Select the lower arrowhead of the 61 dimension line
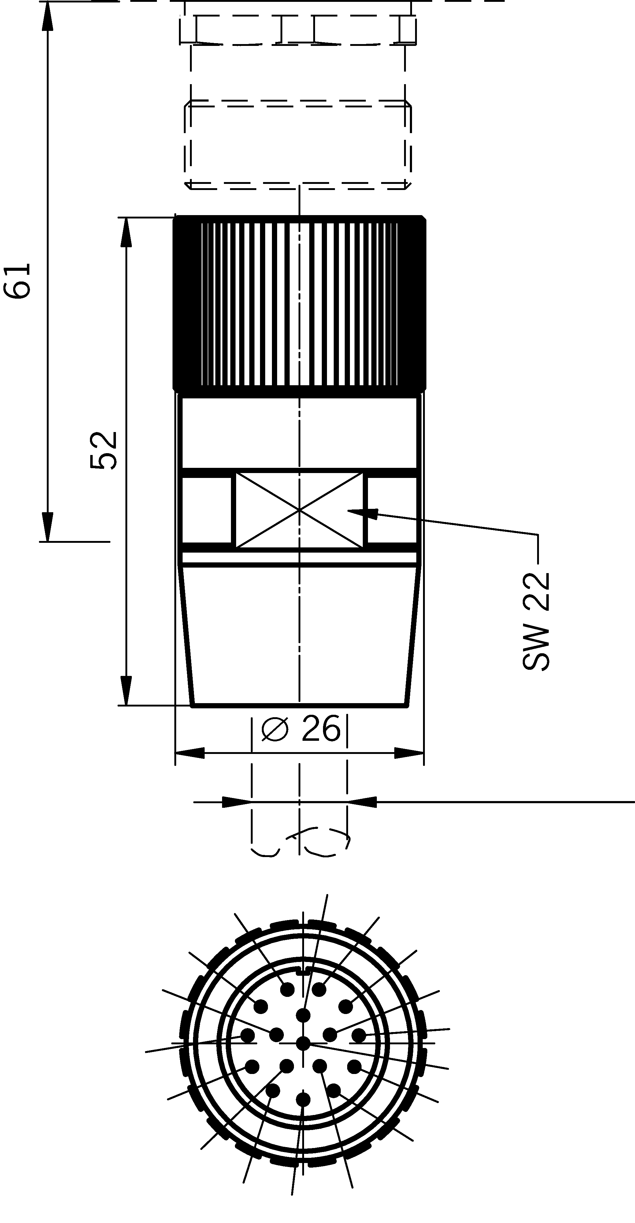(x=47, y=527)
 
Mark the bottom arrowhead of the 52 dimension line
(x=126, y=691)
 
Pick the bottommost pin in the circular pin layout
(x=303, y=1100)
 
